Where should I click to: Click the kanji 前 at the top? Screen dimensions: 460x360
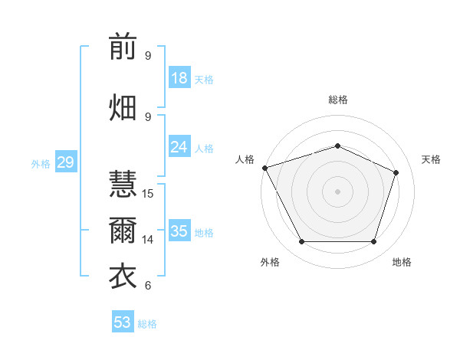123,46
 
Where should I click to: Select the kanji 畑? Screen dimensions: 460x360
123,107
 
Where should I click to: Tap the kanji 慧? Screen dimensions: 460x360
123,184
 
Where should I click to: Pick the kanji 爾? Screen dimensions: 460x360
123,231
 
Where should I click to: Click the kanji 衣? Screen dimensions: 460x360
123,277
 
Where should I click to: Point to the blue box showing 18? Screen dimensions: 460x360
179,77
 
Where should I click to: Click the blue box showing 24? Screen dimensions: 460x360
179,146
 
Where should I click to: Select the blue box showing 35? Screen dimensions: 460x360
179,230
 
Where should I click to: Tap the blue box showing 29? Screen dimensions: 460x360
66,162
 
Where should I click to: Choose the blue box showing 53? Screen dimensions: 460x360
123,321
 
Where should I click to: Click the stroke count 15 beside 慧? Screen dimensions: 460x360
147,194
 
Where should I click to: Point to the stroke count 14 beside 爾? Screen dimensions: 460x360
147,240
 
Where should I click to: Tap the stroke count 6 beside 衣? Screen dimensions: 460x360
148,285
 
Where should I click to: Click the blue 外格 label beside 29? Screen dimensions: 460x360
41,164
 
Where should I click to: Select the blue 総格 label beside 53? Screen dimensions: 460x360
147,324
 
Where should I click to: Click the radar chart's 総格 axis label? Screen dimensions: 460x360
338,100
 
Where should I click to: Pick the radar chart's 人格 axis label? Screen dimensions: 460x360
245,159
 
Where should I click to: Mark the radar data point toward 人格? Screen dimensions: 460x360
265,168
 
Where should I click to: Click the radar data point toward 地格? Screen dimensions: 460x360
374,241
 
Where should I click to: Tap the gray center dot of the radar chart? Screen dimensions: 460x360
337,191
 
